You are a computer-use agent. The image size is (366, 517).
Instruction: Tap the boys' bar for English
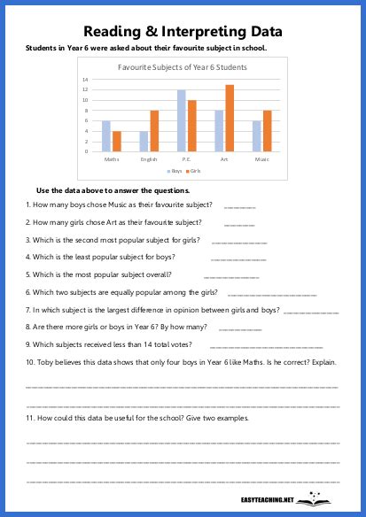coord(144,141)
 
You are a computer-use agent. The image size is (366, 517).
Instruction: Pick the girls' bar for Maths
coord(116,141)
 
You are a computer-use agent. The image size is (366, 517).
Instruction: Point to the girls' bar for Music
coord(268,130)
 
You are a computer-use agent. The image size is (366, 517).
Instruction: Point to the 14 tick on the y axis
coord(85,80)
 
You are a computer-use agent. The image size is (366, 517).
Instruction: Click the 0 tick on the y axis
coord(86,151)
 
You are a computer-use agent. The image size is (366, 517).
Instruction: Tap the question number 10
coord(30,362)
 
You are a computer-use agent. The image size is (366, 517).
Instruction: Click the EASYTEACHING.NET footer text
coord(268,500)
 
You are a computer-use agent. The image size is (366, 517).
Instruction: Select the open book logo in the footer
coord(312,499)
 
